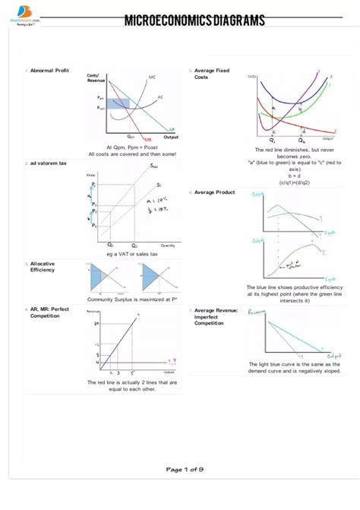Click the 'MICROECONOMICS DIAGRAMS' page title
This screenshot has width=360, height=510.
[x=194, y=21]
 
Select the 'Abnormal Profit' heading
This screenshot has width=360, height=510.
[x=49, y=70]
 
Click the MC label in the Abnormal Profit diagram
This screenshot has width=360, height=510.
[x=152, y=78]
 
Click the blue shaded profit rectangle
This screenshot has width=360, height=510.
[x=118, y=104]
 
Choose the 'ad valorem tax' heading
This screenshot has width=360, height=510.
[x=49, y=163]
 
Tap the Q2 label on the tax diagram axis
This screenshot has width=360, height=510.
[x=134, y=245]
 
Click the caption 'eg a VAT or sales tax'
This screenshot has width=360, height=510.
[x=132, y=254]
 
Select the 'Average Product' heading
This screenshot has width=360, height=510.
[x=215, y=192]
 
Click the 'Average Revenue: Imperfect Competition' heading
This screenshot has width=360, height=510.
[x=216, y=316]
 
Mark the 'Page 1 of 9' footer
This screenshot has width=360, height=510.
[x=185, y=469]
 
